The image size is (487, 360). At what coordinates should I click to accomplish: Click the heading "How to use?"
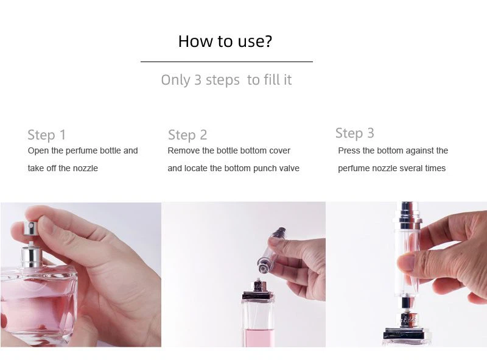pos(225,41)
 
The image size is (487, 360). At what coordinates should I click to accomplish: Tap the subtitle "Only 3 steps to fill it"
pos(226,80)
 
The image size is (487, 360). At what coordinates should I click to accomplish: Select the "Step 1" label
pos(47,135)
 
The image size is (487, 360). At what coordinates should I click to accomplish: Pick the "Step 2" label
pos(187,135)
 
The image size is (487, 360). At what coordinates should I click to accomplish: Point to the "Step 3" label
pos(355,133)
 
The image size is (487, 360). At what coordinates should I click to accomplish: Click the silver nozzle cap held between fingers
pos(30,228)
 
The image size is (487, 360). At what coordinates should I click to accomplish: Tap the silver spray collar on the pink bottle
pos(32,256)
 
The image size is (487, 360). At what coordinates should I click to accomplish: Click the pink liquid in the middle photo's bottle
pos(259,337)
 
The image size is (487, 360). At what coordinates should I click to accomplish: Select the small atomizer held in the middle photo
pos(271,250)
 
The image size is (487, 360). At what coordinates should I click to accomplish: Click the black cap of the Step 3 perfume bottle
pos(407,334)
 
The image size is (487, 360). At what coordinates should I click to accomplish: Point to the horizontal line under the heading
pos(226,62)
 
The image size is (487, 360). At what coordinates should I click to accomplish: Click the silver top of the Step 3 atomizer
pos(408,215)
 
